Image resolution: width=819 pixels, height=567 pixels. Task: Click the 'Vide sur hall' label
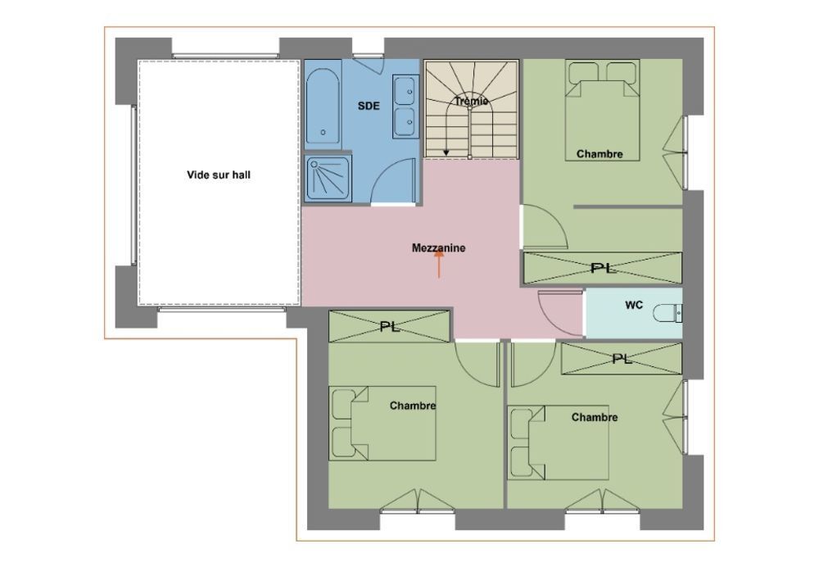click(x=219, y=175)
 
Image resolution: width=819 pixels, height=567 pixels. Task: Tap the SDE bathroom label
click(x=369, y=106)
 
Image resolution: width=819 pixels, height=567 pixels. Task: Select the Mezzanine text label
click(x=438, y=247)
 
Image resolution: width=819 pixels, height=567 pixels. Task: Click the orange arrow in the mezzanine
click(x=439, y=263)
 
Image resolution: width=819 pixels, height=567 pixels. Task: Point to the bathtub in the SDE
click(x=323, y=105)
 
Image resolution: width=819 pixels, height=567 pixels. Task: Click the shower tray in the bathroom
click(x=328, y=178)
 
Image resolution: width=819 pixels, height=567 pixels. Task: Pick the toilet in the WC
click(x=667, y=312)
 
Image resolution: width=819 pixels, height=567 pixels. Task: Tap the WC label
click(x=634, y=305)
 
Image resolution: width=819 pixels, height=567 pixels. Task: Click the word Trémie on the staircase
click(x=471, y=101)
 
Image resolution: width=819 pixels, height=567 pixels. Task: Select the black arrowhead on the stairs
click(x=446, y=152)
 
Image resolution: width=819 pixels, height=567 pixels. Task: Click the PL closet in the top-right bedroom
click(x=603, y=268)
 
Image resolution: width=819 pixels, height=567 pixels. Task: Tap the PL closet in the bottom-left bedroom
click(x=389, y=327)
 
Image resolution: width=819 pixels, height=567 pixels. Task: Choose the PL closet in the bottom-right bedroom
click(x=622, y=359)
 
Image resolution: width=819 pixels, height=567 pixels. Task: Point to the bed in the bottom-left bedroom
click(x=382, y=424)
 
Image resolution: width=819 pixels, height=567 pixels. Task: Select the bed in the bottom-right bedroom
click(x=559, y=442)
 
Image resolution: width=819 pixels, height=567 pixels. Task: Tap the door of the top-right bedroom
click(x=545, y=226)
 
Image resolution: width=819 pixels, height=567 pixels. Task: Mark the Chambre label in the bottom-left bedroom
click(x=413, y=406)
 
